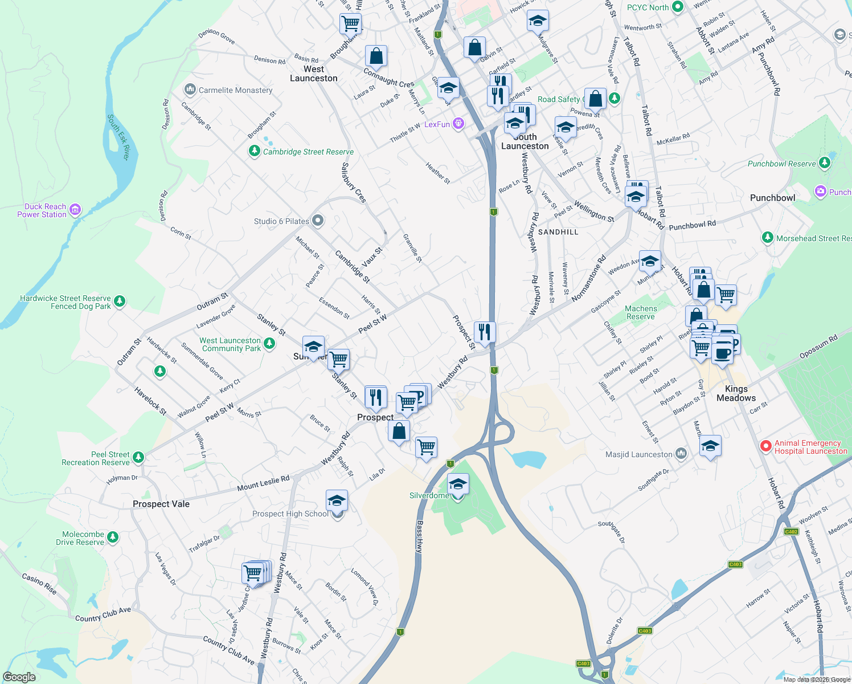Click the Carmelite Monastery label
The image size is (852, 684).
coord(235,90)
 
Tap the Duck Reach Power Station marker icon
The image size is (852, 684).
coord(75,210)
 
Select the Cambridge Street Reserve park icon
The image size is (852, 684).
coord(254,152)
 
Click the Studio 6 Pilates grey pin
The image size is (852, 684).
coord(318,221)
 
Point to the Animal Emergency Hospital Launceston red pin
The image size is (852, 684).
coord(766,446)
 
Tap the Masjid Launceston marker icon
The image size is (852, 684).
coord(681,454)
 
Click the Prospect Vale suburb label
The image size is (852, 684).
coord(161,504)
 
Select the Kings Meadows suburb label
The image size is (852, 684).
coord(736,393)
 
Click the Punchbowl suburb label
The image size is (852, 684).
coord(772,198)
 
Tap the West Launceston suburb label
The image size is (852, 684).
coord(314,74)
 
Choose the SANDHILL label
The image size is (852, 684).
coord(558,232)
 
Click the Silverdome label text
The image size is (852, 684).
coord(429,495)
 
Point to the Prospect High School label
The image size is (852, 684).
coord(290,514)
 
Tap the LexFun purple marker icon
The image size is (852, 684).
coord(458,124)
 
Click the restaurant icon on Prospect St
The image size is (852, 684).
coord(484,331)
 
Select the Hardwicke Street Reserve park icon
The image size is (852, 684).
coord(119,300)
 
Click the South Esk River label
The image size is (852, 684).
coord(119,137)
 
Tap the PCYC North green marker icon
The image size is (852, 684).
coord(677,7)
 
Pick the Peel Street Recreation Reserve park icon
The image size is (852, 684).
coord(138,457)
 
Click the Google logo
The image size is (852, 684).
coord(19,677)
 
